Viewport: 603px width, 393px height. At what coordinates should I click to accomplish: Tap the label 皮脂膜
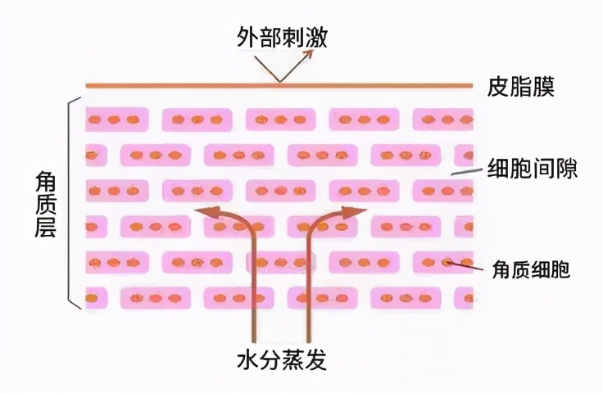click(x=522, y=87)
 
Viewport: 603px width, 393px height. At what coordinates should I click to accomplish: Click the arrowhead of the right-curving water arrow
click(x=357, y=211)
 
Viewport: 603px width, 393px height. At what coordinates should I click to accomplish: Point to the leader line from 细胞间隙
click(x=466, y=171)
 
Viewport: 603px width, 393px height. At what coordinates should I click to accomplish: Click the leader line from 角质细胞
click(x=465, y=265)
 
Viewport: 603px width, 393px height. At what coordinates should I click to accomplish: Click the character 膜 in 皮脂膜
click(x=544, y=87)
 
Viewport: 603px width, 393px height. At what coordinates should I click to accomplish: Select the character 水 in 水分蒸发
click(x=247, y=360)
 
